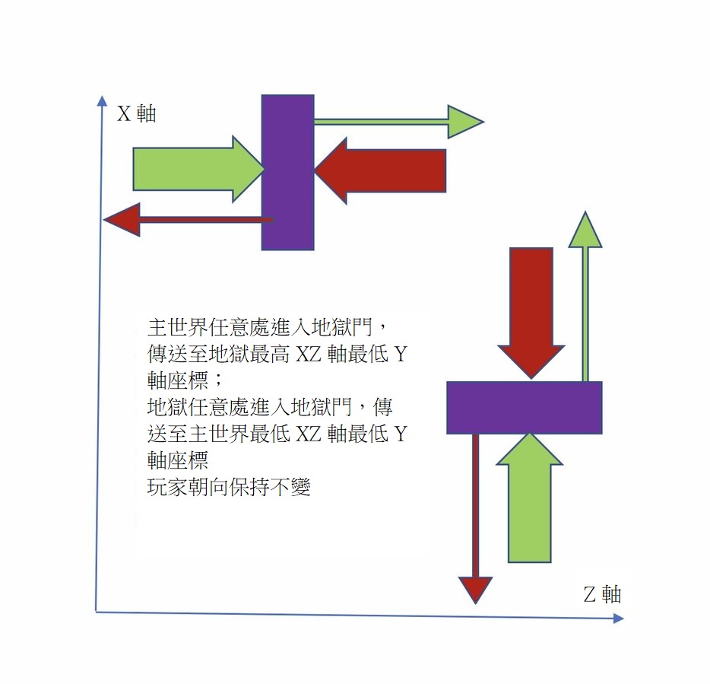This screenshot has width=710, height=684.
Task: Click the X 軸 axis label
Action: click(136, 114)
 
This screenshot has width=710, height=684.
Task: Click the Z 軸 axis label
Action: click(602, 594)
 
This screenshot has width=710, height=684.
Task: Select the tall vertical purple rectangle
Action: click(287, 173)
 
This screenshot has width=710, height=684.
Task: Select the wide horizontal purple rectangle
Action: click(524, 407)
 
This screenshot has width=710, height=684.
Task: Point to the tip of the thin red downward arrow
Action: click(475, 601)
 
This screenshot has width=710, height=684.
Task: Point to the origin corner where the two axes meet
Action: click(97, 610)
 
